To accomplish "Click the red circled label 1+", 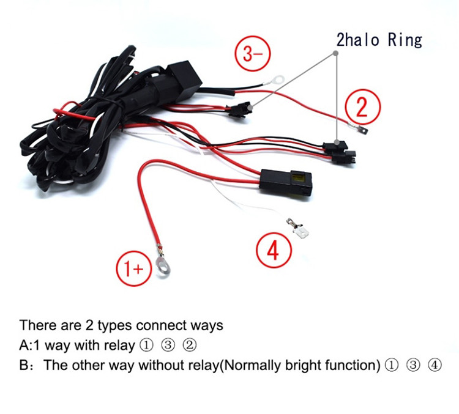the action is (134, 268).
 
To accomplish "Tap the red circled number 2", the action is (363, 107).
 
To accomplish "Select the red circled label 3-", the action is (253, 53).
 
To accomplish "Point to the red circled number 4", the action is (274, 250).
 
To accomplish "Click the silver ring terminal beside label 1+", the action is (163, 264).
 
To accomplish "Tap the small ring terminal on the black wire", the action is (276, 79).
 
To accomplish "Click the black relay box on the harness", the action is (184, 79).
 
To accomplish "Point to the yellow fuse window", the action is (298, 177).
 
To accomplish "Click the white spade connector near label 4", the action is (300, 230).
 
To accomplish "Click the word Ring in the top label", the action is (405, 40).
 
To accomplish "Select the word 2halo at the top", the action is (358, 40).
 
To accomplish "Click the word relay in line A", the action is (119, 346).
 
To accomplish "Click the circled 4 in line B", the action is (435, 365).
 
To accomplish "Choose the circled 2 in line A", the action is (189, 346).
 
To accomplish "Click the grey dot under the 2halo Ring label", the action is (336, 53).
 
